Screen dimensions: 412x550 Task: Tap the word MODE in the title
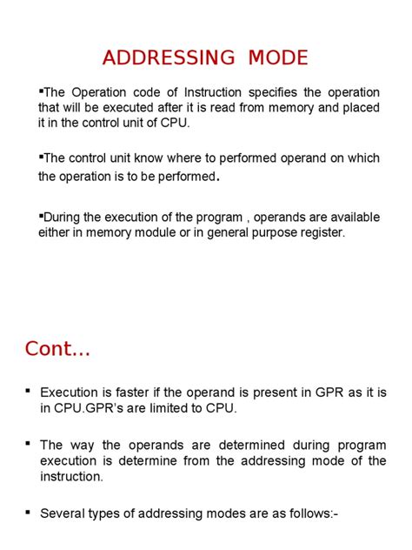[x=266, y=58]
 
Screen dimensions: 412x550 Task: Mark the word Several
[x=62, y=513]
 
